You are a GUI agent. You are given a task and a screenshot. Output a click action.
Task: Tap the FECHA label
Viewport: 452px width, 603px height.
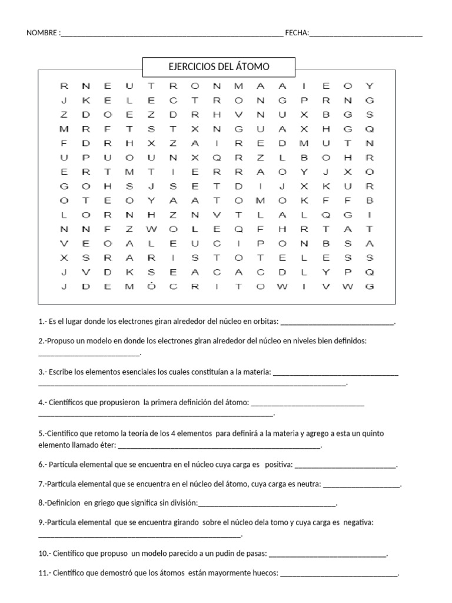(296, 33)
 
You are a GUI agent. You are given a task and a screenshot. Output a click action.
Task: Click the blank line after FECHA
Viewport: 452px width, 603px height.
(365, 34)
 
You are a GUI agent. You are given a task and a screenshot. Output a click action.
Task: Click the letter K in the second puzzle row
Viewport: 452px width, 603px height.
(86, 100)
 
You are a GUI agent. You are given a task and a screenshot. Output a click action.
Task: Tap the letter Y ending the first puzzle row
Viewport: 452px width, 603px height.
(370, 86)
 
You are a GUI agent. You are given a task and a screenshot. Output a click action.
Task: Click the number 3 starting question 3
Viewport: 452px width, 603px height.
(40, 372)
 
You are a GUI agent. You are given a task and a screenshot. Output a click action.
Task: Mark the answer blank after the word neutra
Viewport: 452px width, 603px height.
(361, 485)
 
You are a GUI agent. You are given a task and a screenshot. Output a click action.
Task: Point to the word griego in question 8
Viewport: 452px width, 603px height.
(107, 503)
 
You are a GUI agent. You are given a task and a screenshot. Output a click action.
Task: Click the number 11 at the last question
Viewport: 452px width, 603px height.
(42, 573)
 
